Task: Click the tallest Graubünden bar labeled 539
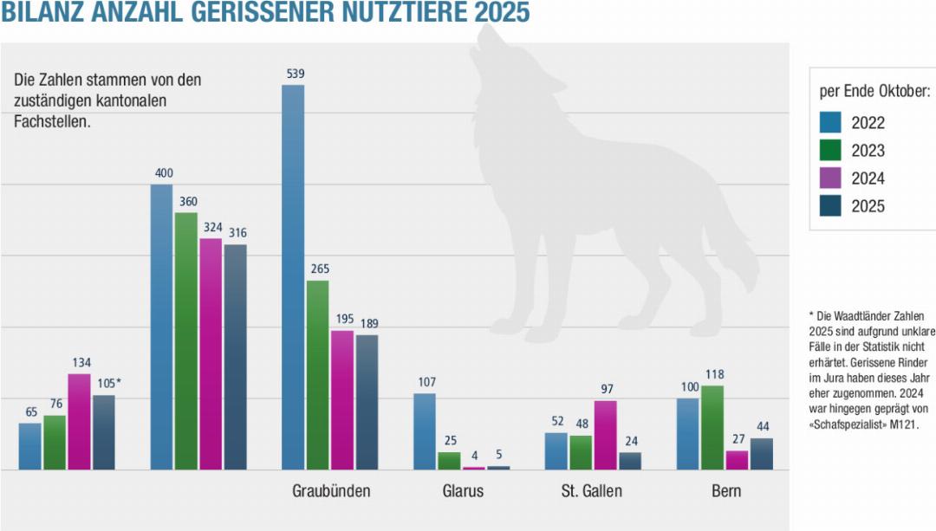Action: (294, 277)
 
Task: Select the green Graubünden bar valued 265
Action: (318, 374)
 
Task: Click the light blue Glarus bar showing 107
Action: (425, 431)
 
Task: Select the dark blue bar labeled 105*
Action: (104, 432)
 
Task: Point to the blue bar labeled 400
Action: (162, 327)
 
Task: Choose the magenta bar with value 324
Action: (211, 353)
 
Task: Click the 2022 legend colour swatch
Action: (830, 122)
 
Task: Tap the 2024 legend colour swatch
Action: (830, 178)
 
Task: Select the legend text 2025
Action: (868, 207)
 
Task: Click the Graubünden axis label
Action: (331, 491)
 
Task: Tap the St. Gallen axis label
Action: (592, 491)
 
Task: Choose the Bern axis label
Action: (726, 491)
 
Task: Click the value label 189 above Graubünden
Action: (367, 323)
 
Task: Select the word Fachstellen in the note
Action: (52, 121)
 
